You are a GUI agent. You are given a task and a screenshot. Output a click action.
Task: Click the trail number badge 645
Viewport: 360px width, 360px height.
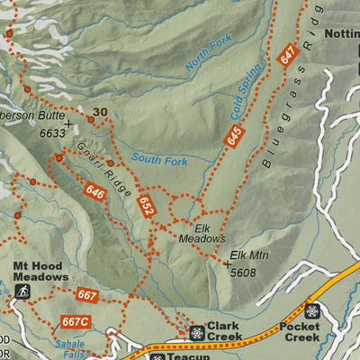click(x=234, y=137)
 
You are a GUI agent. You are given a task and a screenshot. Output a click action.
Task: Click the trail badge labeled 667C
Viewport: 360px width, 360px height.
click(x=76, y=321)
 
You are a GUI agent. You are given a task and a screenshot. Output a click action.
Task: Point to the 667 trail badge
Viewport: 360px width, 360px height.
click(x=86, y=295)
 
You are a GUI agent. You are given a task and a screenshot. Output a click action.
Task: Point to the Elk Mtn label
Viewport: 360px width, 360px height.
click(x=249, y=256)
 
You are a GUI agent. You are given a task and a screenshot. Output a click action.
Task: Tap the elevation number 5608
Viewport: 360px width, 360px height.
click(x=243, y=271)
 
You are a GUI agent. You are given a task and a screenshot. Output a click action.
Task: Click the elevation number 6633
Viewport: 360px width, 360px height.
click(x=53, y=133)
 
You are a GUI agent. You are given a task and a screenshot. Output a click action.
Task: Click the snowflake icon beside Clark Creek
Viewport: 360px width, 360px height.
click(x=196, y=332)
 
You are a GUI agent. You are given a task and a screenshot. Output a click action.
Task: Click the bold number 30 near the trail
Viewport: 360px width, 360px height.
click(x=100, y=112)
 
